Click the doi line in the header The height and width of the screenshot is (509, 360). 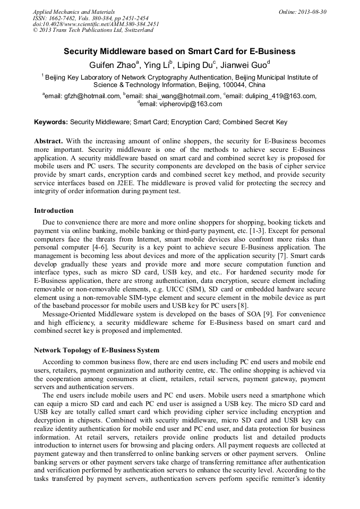click(96, 24)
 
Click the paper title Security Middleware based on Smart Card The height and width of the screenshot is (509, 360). click(179, 51)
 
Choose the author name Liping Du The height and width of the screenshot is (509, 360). click(193, 65)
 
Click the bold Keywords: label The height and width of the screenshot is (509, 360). click(51, 122)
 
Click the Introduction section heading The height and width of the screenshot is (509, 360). click(54, 211)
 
